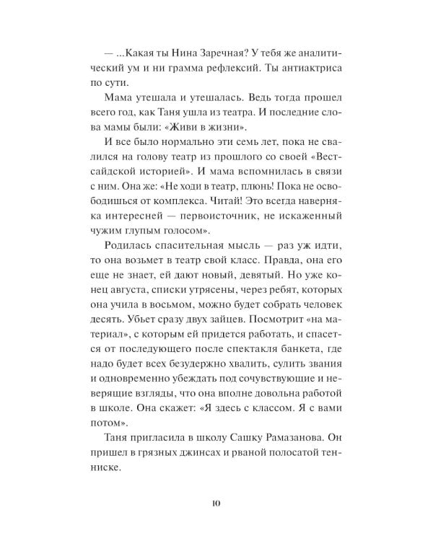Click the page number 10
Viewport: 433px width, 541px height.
pos(216,503)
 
